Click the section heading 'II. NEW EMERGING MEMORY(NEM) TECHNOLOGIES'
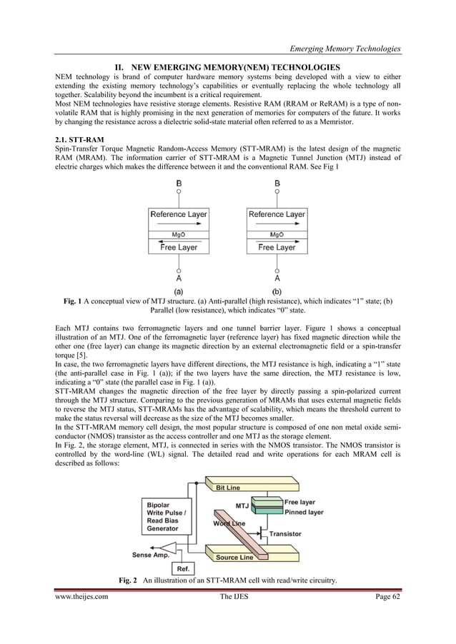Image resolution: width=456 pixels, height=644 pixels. (x=227, y=67)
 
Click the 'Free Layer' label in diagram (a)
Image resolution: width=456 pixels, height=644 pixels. (x=179, y=247)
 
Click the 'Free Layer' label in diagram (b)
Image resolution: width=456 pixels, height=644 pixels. (x=276, y=247)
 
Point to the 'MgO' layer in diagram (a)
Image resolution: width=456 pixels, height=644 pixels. (x=179, y=233)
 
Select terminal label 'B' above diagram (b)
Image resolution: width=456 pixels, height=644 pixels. (x=277, y=182)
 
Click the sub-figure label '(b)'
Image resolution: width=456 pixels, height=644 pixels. (x=277, y=291)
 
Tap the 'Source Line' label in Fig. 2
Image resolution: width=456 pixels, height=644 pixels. (x=234, y=557)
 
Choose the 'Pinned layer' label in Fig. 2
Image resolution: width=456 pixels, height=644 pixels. (x=304, y=512)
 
